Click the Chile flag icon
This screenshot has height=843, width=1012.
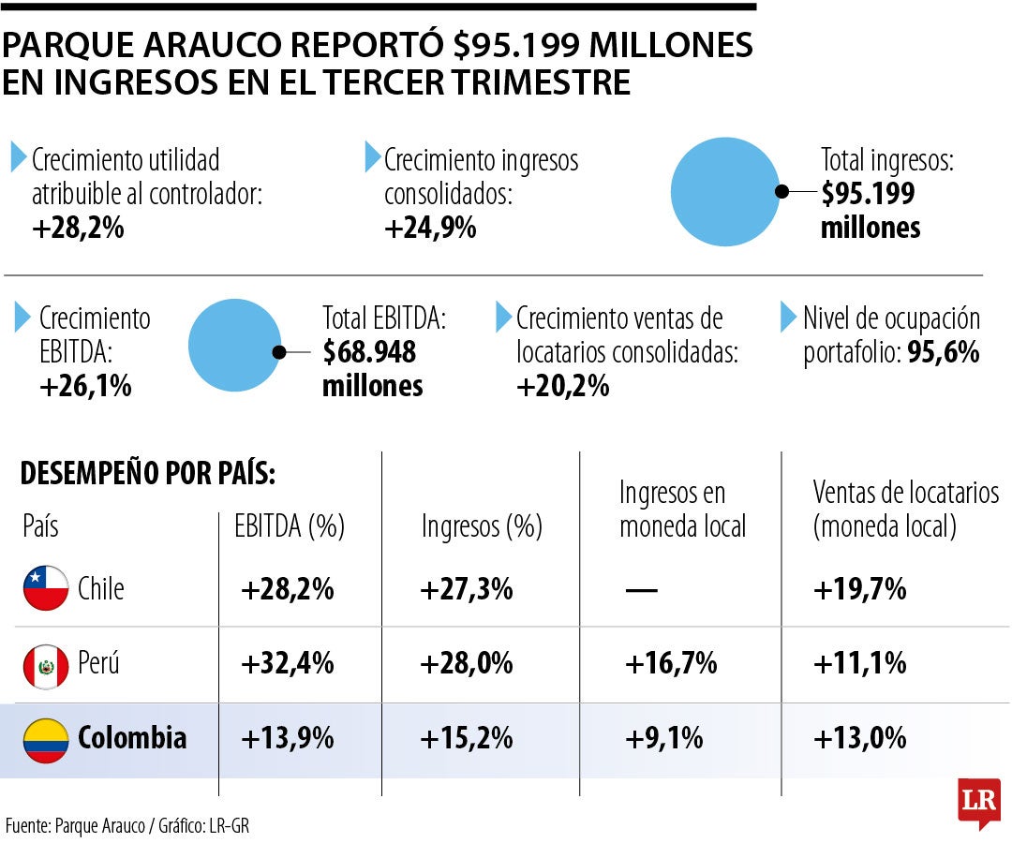point(46,588)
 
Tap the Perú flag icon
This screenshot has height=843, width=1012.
point(46,665)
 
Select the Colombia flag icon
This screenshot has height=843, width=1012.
point(46,738)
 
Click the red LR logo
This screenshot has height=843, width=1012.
point(978,802)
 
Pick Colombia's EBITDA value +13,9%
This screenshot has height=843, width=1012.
point(288,738)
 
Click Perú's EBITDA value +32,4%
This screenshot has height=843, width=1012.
point(288,664)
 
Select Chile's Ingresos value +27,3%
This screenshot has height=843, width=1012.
point(467,589)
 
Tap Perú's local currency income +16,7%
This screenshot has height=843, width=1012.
point(671,664)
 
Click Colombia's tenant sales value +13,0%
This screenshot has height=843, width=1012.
point(859,738)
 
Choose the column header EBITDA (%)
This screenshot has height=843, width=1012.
point(290,526)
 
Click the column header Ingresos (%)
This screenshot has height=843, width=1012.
point(482,526)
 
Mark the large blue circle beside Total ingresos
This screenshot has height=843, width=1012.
point(725,192)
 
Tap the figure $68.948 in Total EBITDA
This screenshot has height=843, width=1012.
point(369,352)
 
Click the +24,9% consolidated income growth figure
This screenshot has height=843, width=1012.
point(430,227)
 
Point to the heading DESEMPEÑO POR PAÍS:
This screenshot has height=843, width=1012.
point(148,474)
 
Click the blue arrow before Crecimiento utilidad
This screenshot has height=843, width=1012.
point(19,156)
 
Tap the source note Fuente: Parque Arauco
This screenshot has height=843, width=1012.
point(75,825)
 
